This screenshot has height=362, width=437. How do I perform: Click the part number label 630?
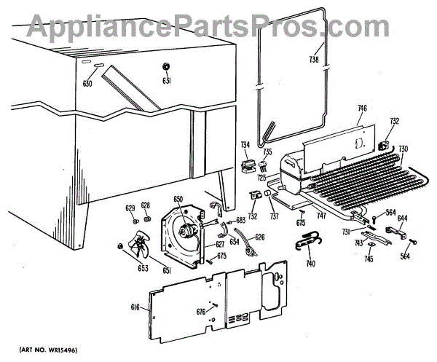tap(87, 84)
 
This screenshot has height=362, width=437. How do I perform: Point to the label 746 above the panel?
tap(362, 109)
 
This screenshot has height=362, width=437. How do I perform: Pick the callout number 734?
tap(245, 145)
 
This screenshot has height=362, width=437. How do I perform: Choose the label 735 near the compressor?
tap(267, 152)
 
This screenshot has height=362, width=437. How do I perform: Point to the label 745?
tap(369, 259)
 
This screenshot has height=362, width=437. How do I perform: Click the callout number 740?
tap(310, 263)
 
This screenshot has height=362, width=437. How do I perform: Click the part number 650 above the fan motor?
tap(178, 198)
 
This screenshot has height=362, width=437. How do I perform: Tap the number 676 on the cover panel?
tap(200, 311)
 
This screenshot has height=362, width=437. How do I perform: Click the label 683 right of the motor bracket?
tap(241, 220)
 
